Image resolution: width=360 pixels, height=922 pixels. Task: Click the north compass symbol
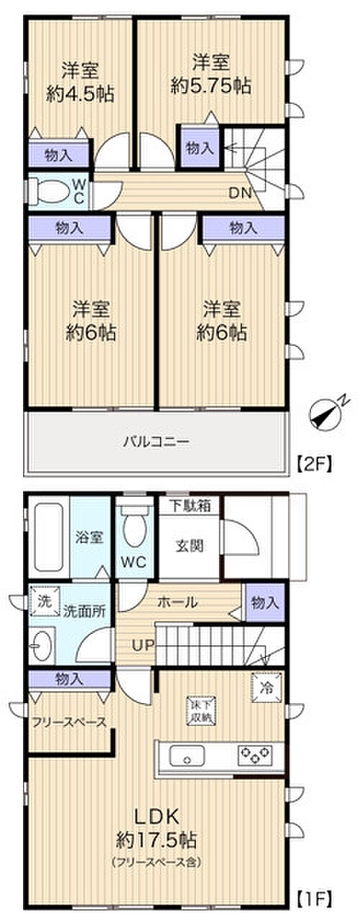pos(326,416)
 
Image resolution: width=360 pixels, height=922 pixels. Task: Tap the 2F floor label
pos(315,465)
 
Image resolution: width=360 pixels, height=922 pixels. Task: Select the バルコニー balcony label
pos(156,441)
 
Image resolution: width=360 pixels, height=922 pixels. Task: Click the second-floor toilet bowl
pos(52,189)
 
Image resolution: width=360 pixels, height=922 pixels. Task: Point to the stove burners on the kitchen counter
pos(256,756)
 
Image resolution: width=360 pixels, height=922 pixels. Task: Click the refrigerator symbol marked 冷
pos(264,686)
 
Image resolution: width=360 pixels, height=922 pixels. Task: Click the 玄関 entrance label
pos(189,545)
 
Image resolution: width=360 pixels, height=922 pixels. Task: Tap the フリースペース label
pos(69,722)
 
